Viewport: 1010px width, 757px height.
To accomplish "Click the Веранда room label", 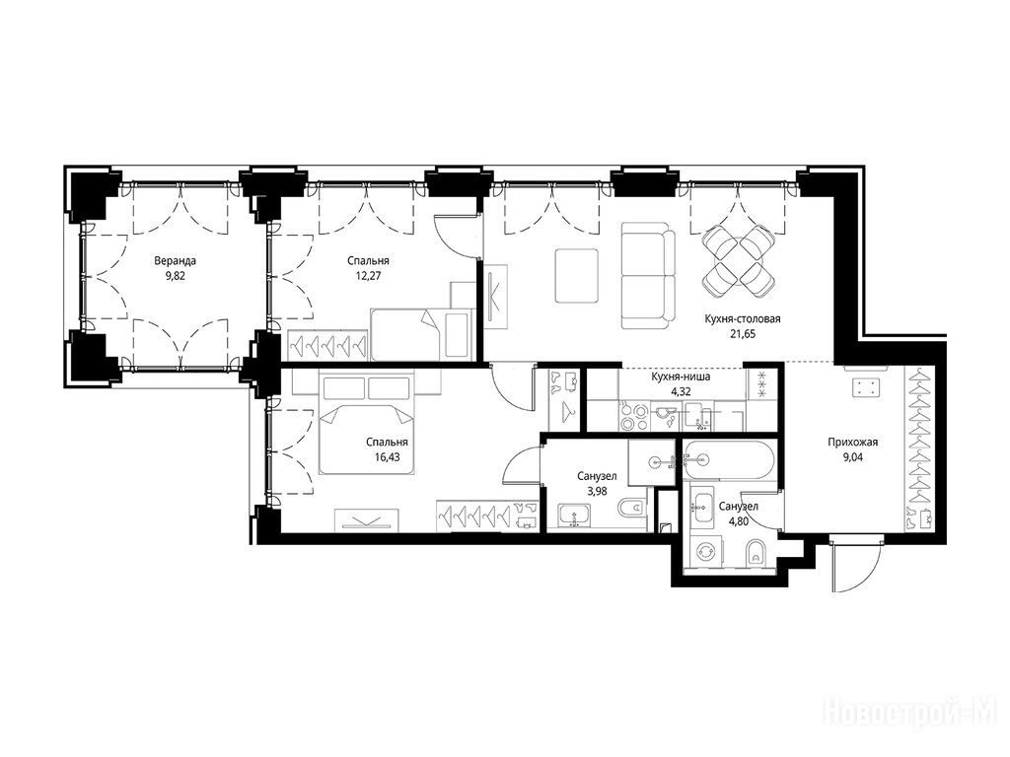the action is click(175, 260).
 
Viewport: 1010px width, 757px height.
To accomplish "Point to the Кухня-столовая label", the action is click(743, 318).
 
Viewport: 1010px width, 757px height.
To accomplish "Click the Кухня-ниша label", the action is click(681, 377).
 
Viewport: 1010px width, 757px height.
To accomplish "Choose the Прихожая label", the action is click(853, 443).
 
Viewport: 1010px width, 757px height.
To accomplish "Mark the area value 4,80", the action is click(738, 520).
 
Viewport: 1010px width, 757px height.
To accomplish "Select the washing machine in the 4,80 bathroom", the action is click(707, 552).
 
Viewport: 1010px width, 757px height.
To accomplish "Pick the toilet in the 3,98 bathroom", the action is click(632, 510).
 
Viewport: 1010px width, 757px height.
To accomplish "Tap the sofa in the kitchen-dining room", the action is click(648, 275).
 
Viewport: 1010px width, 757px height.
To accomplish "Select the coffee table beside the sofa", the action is click(576, 276).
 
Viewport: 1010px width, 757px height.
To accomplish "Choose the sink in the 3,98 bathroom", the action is click(576, 516).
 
